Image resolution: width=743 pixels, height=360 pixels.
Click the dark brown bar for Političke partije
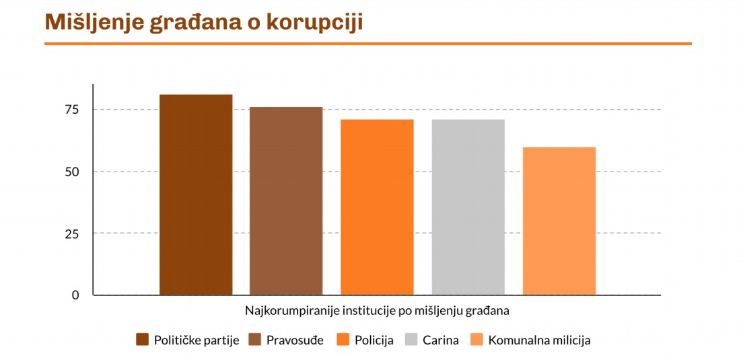click(x=196, y=195)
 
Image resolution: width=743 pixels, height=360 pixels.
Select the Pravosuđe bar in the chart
click(x=286, y=201)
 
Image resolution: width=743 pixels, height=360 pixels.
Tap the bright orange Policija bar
click(x=377, y=207)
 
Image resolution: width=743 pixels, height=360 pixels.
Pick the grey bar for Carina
click(x=468, y=207)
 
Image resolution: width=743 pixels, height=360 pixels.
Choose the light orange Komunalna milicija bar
click(x=559, y=221)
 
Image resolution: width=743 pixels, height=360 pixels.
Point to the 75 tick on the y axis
click(x=71, y=110)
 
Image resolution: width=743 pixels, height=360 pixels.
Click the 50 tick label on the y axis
click(x=71, y=172)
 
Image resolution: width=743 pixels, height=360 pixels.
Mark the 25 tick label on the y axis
click(x=71, y=233)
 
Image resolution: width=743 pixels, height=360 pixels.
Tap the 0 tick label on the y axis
click(x=75, y=295)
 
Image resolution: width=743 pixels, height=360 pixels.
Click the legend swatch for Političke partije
click(x=142, y=340)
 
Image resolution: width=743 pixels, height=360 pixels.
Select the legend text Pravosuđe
click(x=295, y=340)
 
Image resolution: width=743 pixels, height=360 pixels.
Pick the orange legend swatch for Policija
click(x=343, y=340)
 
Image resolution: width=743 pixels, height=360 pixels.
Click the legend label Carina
click(x=440, y=340)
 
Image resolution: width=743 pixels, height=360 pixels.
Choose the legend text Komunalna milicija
click(x=539, y=340)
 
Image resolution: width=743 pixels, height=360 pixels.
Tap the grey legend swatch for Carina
click(x=411, y=340)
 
